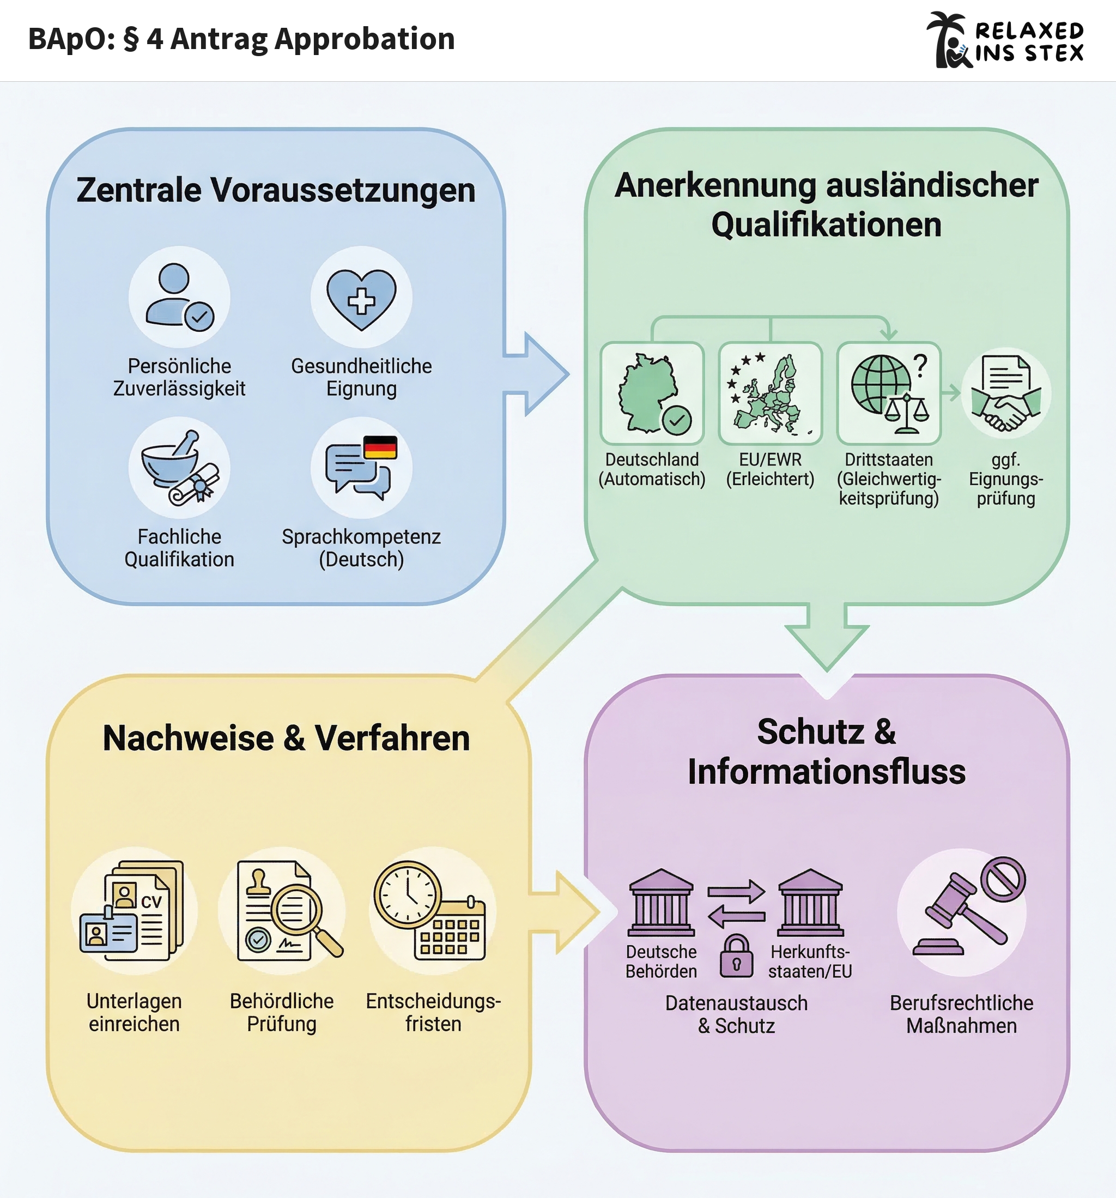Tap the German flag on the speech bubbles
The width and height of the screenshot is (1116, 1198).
(380, 447)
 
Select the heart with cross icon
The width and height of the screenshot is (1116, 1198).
(361, 298)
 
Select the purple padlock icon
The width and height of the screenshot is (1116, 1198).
(736, 956)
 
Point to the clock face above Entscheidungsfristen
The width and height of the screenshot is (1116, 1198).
(408, 894)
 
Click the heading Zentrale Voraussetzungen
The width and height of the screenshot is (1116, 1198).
(276, 190)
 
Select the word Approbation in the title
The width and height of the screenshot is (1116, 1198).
(364, 39)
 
